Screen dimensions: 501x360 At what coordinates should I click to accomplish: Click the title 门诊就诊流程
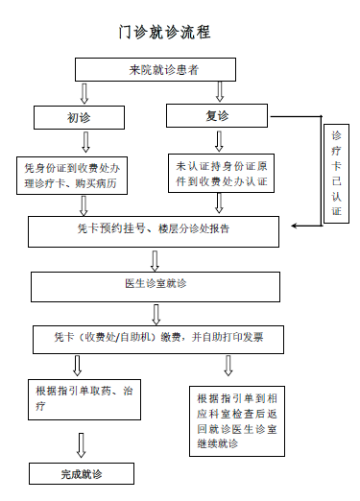pyautogui.click(x=158, y=33)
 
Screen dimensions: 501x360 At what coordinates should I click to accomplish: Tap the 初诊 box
pyautogui.click(x=79, y=117)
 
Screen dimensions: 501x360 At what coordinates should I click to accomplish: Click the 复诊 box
pyautogui.click(x=218, y=116)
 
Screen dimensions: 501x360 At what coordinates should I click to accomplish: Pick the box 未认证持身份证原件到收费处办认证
pyautogui.click(x=220, y=174)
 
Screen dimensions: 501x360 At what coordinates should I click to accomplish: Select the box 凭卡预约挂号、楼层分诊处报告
pyautogui.click(x=153, y=230)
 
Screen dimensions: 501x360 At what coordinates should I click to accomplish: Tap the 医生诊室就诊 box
pyautogui.click(x=153, y=285)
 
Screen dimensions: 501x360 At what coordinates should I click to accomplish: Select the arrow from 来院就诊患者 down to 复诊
pyautogui.click(x=220, y=92)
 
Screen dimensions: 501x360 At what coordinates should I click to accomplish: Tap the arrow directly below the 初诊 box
pyautogui.click(x=85, y=142)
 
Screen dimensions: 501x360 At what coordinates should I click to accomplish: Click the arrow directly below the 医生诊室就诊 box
pyautogui.click(x=156, y=314)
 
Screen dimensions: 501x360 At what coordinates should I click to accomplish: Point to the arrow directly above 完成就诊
pyautogui.click(x=82, y=444)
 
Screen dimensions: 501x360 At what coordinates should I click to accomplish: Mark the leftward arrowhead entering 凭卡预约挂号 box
pyautogui.click(x=298, y=227)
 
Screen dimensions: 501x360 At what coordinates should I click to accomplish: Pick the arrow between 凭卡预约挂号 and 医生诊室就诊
pyautogui.click(x=155, y=259)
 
